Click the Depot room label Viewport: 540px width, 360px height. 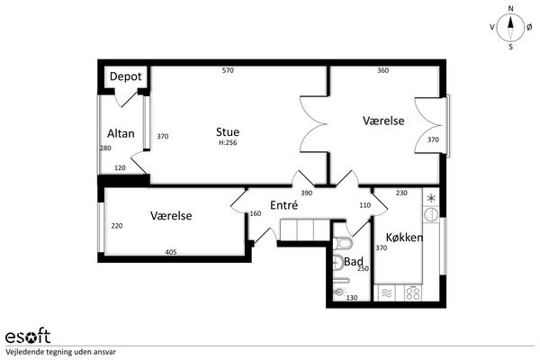[x=125, y=76]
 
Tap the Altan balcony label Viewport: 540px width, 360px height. [x=121, y=133]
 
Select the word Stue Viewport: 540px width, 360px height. [x=228, y=132]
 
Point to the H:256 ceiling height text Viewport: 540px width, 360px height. [x=228, y=142]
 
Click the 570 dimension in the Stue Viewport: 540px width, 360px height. [x=228, y=70]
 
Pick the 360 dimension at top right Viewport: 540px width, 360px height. [x=383, y=70]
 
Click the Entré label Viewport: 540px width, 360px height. [x=283, y=205]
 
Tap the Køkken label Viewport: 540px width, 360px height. [x=404, y=238]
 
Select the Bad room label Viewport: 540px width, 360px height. [x=354, y=262]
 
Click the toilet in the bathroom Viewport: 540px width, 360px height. [x=343, y=243]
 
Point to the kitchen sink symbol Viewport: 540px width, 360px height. [x=430, y=214]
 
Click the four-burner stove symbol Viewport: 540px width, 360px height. [x=412, y=293]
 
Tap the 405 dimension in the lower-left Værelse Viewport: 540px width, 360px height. [x=171, y=252]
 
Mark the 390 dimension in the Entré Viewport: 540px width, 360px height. [x=307, y=193]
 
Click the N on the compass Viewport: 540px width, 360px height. [x=510, y=9]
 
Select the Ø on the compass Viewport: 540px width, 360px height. [x=529, y=27]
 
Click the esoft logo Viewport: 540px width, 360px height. [x=28, y=336]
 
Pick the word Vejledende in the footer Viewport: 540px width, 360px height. [x=22, y=352]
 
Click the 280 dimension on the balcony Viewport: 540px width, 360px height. [x=105, y=148]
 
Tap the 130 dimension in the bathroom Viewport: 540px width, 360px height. [x=352, y=298]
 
